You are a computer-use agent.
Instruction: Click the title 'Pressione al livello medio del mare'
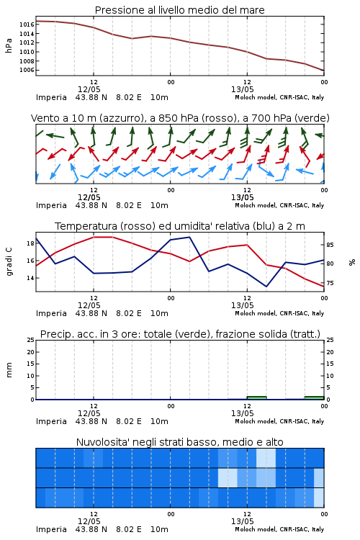[179, 10]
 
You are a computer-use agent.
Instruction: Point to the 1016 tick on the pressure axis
[27, 24]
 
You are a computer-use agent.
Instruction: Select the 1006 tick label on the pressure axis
[27, 71]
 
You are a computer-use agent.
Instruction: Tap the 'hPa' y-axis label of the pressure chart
[9, 45]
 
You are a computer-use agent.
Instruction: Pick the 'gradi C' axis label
[9, 261]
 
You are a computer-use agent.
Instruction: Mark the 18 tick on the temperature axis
[31, 243]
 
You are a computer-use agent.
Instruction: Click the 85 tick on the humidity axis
[330, 245]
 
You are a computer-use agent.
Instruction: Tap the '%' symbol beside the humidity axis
[352, 262]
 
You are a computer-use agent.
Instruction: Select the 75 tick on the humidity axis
[330, 283]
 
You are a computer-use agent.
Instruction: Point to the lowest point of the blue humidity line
[266, 287]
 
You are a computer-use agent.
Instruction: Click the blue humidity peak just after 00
[189, 237]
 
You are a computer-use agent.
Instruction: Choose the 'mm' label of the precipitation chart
[9, 370]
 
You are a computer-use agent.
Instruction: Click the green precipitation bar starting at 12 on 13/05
[256, 397]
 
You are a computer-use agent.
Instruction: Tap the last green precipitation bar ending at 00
[314, 397]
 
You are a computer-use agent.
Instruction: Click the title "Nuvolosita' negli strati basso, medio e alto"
[179, 442]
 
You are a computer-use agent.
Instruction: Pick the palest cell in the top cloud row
[266, 458]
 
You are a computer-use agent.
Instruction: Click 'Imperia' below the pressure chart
[51, 97]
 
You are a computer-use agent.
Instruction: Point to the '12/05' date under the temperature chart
[89, 305]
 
